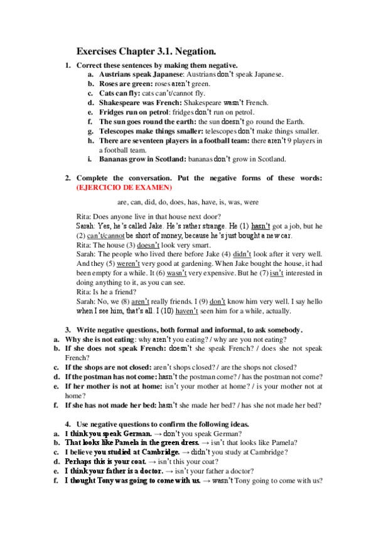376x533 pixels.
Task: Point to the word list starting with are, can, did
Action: point(188,202)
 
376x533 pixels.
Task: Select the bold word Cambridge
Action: point(149,451)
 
